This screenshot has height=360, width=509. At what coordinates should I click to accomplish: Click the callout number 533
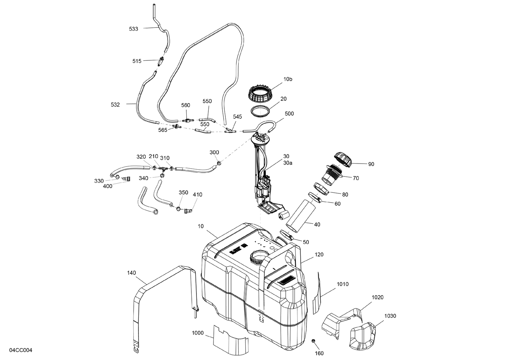[134, 29]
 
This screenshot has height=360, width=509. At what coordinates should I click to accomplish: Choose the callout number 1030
[390, 316]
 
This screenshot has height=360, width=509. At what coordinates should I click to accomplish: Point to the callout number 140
[132, 272]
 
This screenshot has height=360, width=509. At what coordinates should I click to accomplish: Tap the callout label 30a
[288, 163]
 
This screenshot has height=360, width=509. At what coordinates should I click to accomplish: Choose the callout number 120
[319, 254]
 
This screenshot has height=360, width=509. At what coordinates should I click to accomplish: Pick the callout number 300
[214, 152]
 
